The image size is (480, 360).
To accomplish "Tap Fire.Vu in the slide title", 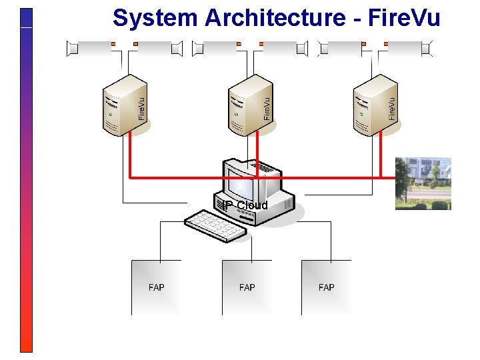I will click(x=407, y=18).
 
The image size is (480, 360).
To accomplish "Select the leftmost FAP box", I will click(x=156, y=287).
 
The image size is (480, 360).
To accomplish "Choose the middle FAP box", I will click(x=247, y=287).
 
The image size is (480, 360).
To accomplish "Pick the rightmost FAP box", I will click(x=327, y=287).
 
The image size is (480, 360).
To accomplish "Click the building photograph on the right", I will click(x=423, y=183).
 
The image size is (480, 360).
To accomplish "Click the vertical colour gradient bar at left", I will click(x=26, y=180).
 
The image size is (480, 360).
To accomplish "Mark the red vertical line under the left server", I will click(x=129, y=157).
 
